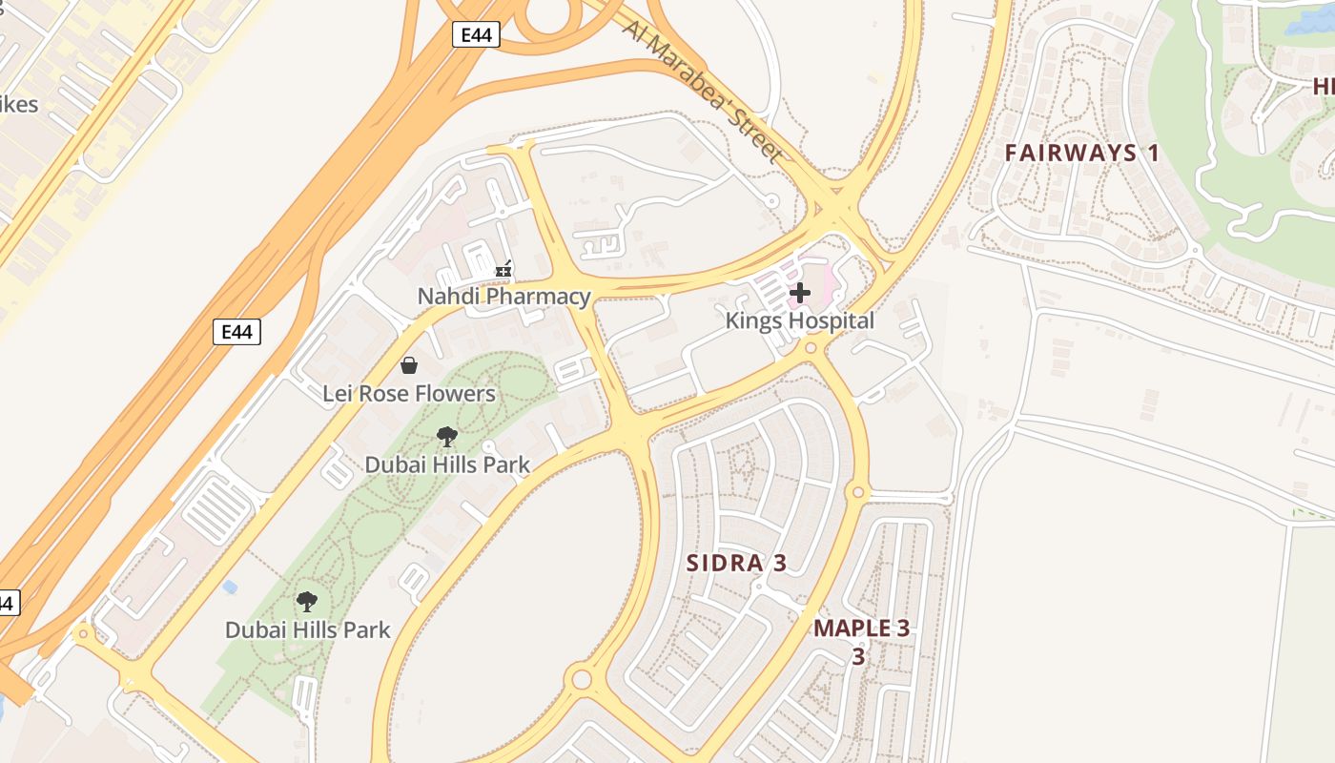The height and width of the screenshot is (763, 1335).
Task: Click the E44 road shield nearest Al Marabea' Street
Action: (476, 35)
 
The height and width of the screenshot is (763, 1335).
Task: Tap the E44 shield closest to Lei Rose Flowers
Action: (236, 332)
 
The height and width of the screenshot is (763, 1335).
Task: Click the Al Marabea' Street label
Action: (703, 89)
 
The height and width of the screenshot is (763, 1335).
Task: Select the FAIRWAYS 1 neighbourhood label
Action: (1082, 153)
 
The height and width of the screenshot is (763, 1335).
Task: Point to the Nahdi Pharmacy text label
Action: (503, 297)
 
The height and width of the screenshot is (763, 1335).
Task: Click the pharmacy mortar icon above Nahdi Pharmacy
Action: (503, 271)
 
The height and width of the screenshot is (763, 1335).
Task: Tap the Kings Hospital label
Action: (799, 320)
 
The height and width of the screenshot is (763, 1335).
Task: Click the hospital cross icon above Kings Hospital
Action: (799, 293)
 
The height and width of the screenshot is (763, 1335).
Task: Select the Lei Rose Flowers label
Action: (408, 393)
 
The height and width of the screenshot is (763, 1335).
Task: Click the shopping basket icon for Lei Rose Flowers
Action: (409, 365)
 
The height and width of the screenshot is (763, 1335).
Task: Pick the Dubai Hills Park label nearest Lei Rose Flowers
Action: (447, 465)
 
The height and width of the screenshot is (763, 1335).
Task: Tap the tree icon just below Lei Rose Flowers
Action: (446, 438)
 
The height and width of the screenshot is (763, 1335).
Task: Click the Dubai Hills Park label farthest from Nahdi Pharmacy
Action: (307, 630)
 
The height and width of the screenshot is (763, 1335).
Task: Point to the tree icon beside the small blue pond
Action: (306, 602)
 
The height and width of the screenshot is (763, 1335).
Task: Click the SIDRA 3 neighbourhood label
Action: (736, 563)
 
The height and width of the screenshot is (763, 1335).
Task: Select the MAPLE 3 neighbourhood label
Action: (861, 629)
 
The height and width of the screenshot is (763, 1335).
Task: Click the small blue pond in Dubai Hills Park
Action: (229, 587)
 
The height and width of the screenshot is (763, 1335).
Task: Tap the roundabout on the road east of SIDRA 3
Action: (856, 492)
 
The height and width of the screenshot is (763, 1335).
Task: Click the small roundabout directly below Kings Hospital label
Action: (811, 349)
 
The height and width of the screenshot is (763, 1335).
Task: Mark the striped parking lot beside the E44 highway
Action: (218, 506)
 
